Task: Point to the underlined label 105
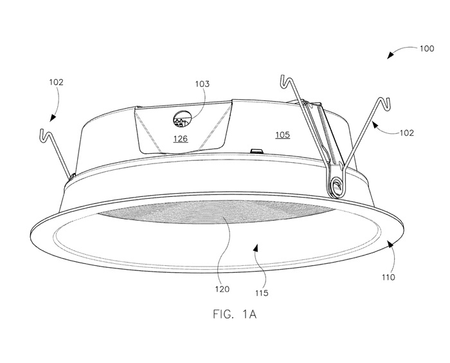pos(282,135)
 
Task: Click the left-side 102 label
pos(56,82)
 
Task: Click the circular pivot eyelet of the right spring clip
pos(336,187)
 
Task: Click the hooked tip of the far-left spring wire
pos(42,133)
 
